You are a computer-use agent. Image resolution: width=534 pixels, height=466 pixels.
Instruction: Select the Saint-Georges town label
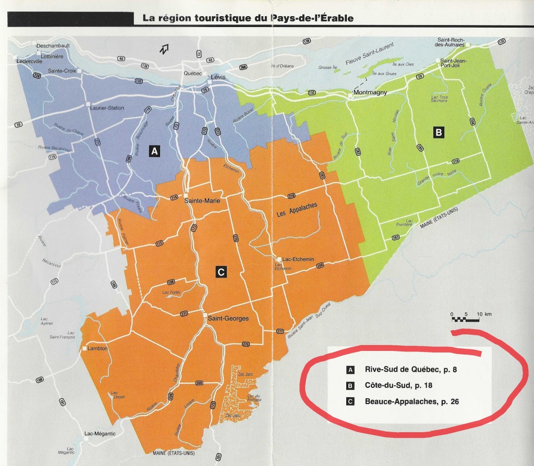(228, 318)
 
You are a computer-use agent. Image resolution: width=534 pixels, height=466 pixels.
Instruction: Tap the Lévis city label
(221, 76)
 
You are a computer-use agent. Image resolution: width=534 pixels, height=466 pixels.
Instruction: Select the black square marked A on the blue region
(153, 151)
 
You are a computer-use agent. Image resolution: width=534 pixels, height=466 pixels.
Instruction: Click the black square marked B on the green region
(439, 133)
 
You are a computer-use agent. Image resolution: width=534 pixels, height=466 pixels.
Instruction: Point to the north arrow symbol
(165, 49)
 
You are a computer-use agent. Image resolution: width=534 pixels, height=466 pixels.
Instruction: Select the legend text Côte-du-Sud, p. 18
(398, 386)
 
